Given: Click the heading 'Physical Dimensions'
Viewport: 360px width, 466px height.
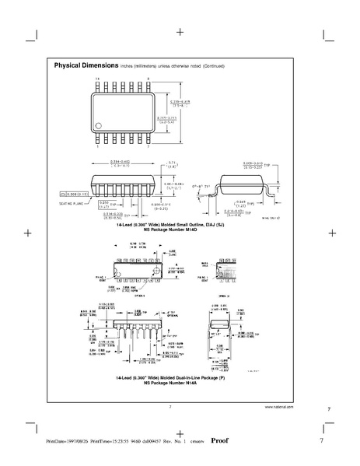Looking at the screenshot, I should [86, 65].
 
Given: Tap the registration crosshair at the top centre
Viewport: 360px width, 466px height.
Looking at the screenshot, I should [180, 33].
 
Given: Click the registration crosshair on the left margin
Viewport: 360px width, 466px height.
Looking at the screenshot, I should [27, 232].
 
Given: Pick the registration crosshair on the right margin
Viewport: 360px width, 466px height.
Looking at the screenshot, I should [332, 232].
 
